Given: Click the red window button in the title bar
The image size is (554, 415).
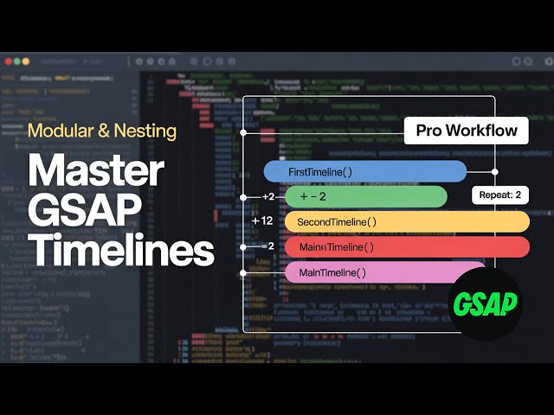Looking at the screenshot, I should pyautogui.click(x=7, y=61).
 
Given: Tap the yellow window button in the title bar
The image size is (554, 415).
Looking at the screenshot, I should pyautogui.click(x=16, y=61).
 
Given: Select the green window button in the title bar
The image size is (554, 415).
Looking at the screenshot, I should pyautogui.click(x=25, y=61).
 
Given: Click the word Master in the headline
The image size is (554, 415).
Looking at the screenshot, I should pyautogui.click(x=95, y=172).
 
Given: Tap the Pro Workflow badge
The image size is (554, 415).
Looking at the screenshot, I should pyautogui.click(x=467, y=131).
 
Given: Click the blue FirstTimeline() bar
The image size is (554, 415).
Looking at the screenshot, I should pyautogui.click(x=364, y=171).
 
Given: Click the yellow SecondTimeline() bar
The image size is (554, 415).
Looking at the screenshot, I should pyautogui.click(x=407, y=222).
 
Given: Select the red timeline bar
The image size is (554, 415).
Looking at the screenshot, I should pyautogui.click(x=407, y=247).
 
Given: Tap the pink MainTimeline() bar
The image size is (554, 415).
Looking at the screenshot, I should pyautogui.click(x=385, y=272).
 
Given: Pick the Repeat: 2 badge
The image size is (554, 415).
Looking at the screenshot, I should pyautogui.click(x=499, y=195).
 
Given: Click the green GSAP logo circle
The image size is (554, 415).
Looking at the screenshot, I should pyautogui.click(x=486, y=303).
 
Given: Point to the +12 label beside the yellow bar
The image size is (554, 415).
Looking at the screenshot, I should pyautogui.click(x=262, y=221).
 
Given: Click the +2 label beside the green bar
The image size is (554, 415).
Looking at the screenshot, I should pyautogui.click(x=267, y=197).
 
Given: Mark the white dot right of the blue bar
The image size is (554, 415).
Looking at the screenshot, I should pyautogui.click(x=495, y=171).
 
